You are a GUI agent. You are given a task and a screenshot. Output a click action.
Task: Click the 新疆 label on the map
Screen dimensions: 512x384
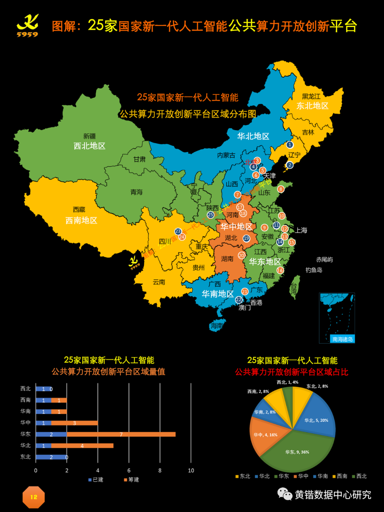coord(89,136)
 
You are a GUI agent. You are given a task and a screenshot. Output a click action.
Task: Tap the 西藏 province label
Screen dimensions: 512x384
coord(79,210)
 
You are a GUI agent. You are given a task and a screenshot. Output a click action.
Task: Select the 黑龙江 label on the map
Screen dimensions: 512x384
coord(311,97)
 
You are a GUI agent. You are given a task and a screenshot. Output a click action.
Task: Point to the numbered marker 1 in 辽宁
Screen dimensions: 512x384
coord(290,145)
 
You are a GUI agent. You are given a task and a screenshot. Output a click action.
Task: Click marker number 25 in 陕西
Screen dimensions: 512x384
coord(210,215)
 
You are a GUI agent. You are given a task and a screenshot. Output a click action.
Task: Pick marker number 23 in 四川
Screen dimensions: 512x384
coord(178,232)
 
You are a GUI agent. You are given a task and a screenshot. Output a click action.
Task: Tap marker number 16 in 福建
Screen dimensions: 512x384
coord(280,270)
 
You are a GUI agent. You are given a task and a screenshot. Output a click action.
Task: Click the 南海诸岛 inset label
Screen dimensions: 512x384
coord(342,339)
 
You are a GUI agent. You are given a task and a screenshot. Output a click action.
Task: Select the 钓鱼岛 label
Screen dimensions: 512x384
coord(314,270)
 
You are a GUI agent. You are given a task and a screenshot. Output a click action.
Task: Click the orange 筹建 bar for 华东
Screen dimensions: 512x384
coord(121,434)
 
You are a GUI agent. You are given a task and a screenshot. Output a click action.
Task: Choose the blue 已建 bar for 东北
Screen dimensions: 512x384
coord(51,457)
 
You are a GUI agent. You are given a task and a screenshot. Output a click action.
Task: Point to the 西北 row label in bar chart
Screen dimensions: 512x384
coord(26,389)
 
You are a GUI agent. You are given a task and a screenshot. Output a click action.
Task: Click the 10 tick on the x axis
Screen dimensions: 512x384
coord(191,470)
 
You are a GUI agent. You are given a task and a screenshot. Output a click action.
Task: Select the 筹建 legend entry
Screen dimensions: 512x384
coord(131,480)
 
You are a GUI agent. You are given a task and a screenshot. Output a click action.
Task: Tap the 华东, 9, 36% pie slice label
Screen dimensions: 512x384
coord(297,452)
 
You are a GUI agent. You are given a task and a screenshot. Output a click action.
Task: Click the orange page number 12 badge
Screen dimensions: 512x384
coord(33,497)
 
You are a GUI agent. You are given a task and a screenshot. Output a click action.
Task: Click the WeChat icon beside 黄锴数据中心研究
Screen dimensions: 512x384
coord(284,494)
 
